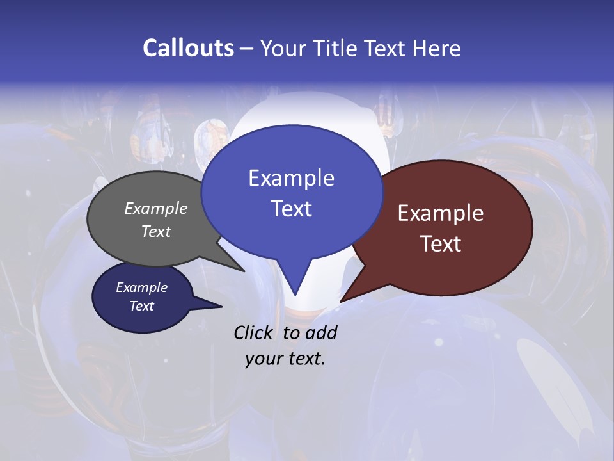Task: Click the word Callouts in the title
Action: pos(188,48)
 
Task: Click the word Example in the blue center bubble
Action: pos(291,178)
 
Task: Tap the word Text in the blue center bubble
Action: pos(291,209)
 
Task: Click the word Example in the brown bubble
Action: pos(441,213)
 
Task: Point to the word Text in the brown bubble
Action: pos(441,244)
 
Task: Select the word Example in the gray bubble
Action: pos(156,209)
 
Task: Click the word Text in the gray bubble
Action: pos(156,232)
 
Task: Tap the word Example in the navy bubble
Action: pos(141,287)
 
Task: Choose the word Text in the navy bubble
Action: pos(141,306)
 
